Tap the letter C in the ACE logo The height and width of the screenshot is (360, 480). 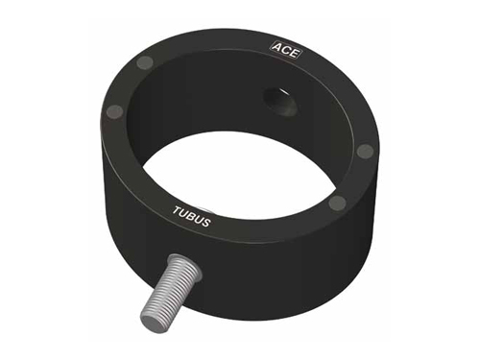point(284,51)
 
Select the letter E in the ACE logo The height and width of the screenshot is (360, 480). point(292,53)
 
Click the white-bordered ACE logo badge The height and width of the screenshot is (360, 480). point(284,51)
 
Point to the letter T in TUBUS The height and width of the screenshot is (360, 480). point(177,210)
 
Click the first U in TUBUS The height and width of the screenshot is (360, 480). point(183,213)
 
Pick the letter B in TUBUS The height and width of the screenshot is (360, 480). point(191,216)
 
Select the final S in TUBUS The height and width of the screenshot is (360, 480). point(205,223)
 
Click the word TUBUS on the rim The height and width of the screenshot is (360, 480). point(191,217)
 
